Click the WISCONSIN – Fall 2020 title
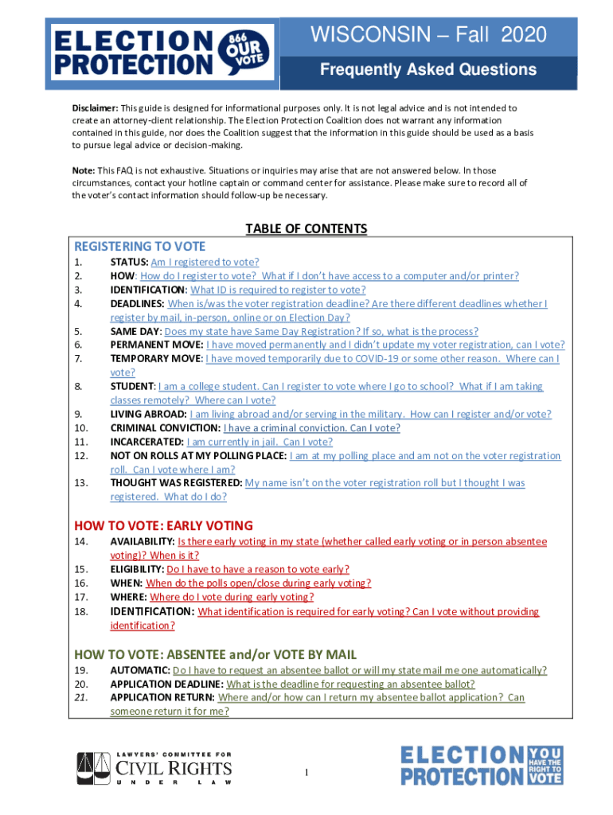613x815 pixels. pos(428,35)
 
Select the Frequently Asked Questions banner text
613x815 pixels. pos(428,70)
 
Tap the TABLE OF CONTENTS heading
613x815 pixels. pos(306,229)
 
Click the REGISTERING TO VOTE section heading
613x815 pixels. pos(139,247)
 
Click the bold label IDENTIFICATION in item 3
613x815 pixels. pos(148,290)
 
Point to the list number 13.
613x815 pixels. pos(80,483)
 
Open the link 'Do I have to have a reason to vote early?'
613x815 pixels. pos(258,570)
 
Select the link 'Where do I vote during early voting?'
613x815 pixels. pos(232,597)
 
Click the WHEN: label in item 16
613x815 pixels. pos(127,583)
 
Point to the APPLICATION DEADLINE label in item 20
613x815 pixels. pos(166,684)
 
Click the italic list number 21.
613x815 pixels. pos(80,698)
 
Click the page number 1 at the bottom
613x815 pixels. pos(306,774)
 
